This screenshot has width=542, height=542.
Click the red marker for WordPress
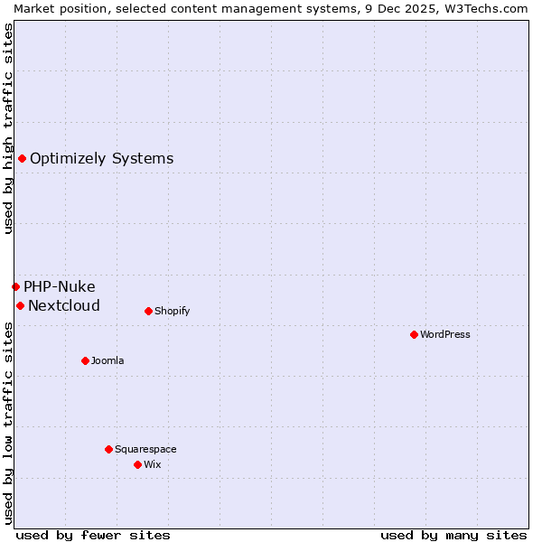(414, 334)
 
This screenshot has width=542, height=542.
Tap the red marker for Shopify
(148, 311)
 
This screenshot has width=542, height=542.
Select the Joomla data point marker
(85, 360)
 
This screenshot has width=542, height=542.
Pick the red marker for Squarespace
(108, 449)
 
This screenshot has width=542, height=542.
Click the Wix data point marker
(137, 464)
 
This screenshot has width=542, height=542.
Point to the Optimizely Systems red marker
(22, 159)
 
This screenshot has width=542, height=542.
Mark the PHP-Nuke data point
(15, 286)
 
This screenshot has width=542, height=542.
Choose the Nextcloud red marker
(20, 305)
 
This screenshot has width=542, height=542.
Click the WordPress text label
(445, 334)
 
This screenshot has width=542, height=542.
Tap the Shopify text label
(172, 311)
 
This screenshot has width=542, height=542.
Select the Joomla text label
(107, 360)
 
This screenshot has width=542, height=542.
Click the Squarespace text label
(145, 449)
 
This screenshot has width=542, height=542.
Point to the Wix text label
(152, 464)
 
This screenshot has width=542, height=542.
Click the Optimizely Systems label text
(101, 159)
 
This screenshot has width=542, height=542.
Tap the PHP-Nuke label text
(59, 286)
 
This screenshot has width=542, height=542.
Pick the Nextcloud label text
(63, 305)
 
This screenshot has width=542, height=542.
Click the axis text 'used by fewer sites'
(93, 535)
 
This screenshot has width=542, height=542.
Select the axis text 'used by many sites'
(453, 535)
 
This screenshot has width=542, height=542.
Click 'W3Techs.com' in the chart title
(491, 8)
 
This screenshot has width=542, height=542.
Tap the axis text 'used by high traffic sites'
(8, 128)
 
